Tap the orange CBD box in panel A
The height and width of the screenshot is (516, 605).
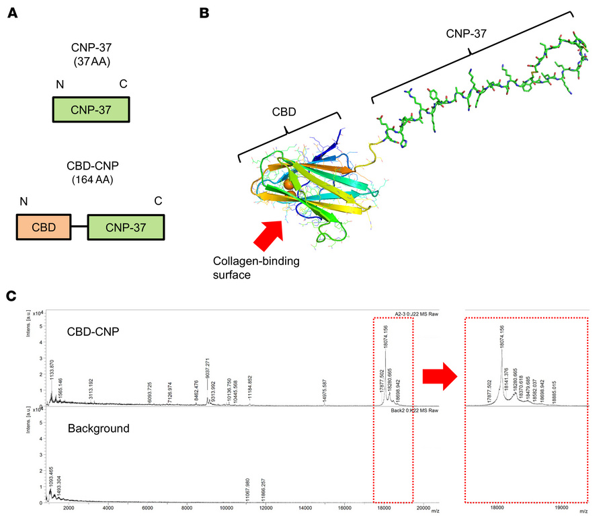coord(43,227)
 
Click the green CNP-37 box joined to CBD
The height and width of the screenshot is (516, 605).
coord(125,227)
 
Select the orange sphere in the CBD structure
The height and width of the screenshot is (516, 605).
coord(288,184)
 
